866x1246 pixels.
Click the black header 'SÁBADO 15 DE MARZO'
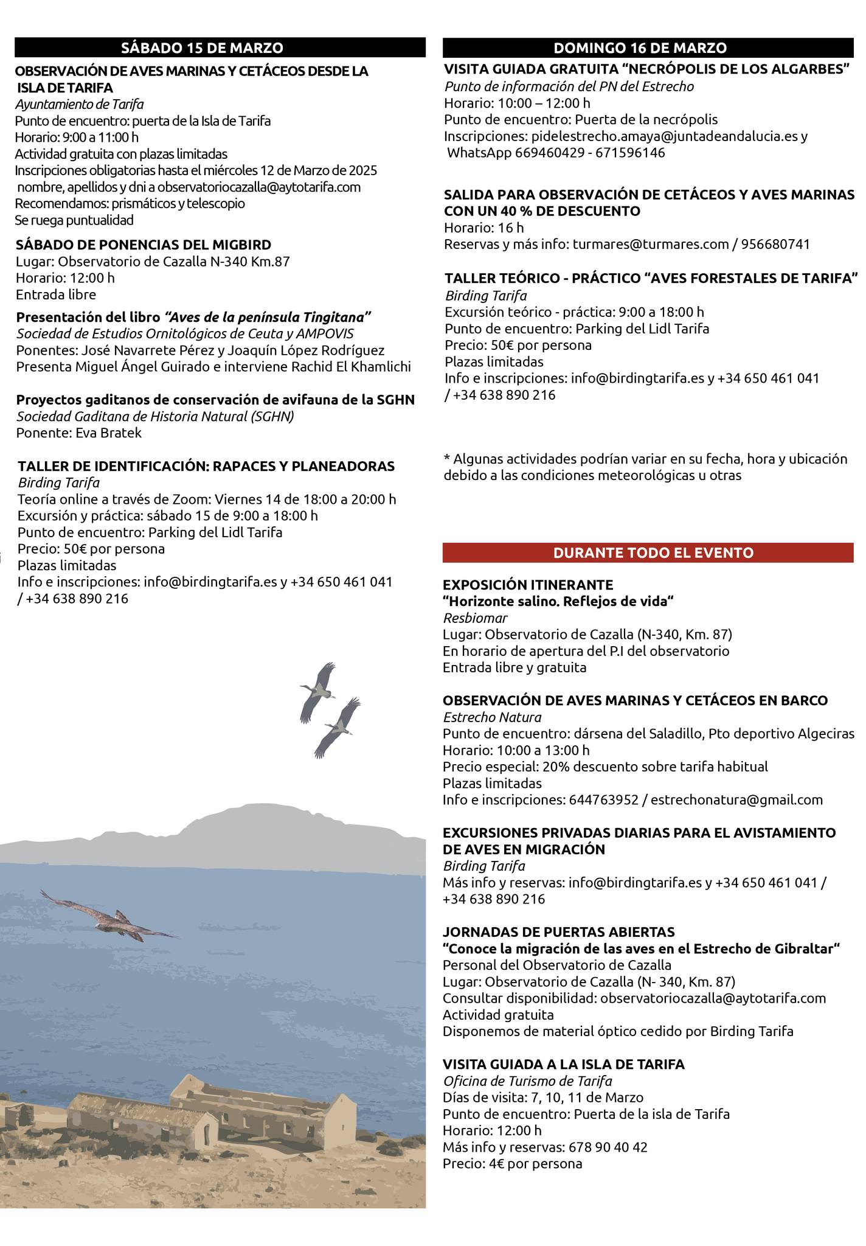[220, 48]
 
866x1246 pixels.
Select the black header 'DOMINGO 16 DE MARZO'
[648, 48]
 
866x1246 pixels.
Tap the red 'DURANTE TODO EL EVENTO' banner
[648, 552]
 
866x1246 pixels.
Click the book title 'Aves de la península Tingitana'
[268, 317]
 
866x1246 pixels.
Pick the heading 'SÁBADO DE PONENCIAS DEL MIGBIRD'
[144, 245]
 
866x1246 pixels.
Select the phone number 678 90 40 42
[608, 1147]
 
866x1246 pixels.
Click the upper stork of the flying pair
[319, 691]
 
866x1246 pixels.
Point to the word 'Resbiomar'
[475, 618]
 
